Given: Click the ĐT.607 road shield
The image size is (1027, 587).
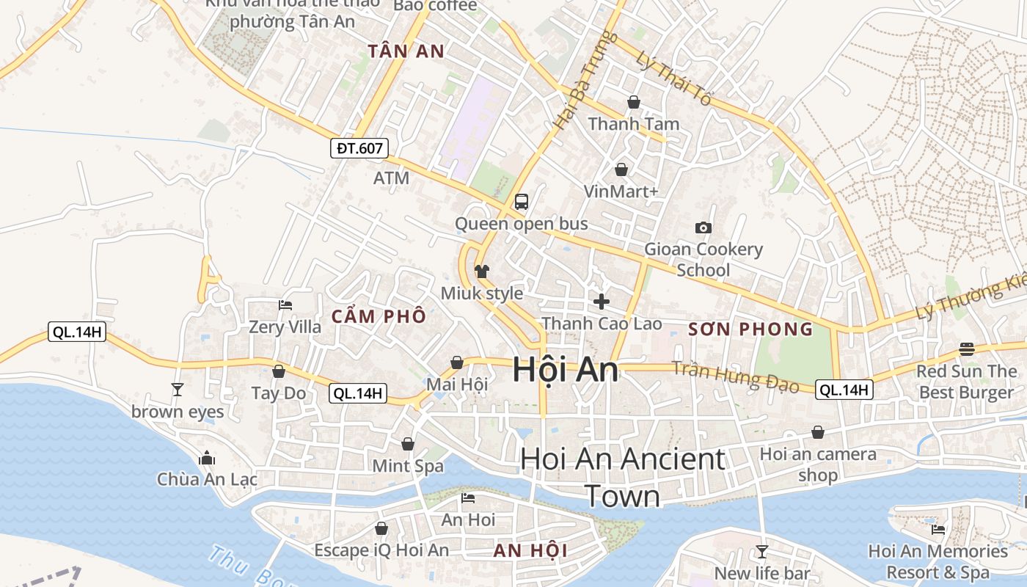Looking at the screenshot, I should pyautogui.click(x=359, y=148).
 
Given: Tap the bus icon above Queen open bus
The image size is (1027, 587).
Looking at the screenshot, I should pyautogui.click(x=522, y=202).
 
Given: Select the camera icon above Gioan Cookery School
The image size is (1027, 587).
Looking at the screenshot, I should pyautogui.click(x=703, y=228).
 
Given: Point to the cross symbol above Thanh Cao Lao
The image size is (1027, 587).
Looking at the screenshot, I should pyautogui.click(x=602, y=302).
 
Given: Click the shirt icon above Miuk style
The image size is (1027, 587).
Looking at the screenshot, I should pyautogui.click(x=482, y=271).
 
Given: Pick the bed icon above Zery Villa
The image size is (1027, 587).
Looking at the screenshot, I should pyautogui.click(x=285, y=305).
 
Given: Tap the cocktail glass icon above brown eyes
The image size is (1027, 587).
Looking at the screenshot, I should pyautogui.click(x=177, y=389).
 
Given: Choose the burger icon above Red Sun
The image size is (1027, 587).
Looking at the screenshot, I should pyautogui.click(x=967, y=349).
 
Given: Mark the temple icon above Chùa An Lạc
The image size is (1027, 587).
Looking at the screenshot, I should pyautogui.click(x=207, y=458).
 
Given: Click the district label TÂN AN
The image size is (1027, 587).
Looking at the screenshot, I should pyautogui.click(x=406, y=51).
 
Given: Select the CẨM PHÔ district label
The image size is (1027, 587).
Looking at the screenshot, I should pyautogui.click(x=379, y=317).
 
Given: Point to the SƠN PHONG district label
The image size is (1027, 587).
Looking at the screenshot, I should pyautogui.click(x=751, y=329).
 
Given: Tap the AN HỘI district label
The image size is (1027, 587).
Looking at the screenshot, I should pyautogui.click(x=531, y=551).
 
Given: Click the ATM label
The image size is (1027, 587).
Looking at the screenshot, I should pyautogui.click(x=391, y=178).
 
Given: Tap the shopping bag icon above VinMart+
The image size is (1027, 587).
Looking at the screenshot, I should pyautogui.click(x=621, y=170).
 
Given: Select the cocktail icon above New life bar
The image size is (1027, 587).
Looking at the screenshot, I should pyautogui.click(x=762, y=552).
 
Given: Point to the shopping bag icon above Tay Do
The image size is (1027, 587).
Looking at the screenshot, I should pyautogui.click(x=279, y=371).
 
